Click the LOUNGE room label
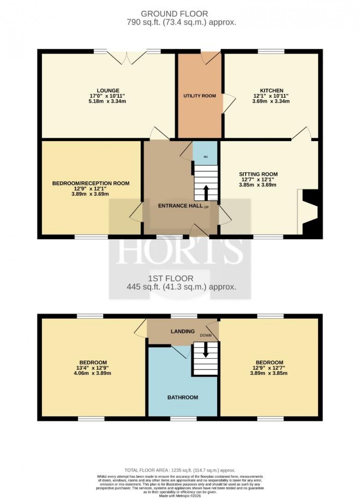pyautogui.click(x=108, y=90)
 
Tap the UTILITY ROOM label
pyautogui.click(x=199, y=96)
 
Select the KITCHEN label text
pyautogui.click(x=271, y=90)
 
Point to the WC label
pyautogui.click(x=206, y=157)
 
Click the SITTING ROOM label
pyautogui.click(x=258, y=174)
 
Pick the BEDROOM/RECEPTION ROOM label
pyautogui.click(x=91, y=183)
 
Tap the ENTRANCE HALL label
pyautogui.click(x=180, y=206)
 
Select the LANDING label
pyautogui.click(x=183, y=331)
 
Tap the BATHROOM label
pyautogui.click(x=183, y=397)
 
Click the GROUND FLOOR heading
pyautogui.click(x=174, y=14)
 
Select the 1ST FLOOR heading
pyautogui.click(x=170, y=278)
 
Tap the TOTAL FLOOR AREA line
pyautogui.click(x=180, y=470)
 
